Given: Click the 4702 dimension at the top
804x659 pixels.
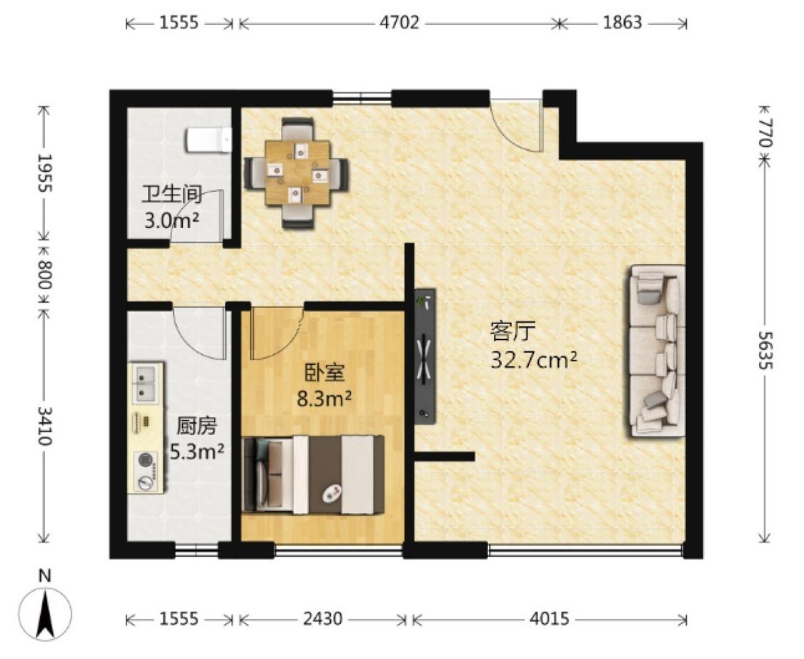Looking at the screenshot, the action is (x=399, y=23).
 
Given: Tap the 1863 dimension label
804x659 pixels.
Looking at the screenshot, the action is (x=622, y=23).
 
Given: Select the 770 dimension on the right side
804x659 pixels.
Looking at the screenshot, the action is (x=765, y=133).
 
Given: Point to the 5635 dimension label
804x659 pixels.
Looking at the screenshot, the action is (x=765, y=351).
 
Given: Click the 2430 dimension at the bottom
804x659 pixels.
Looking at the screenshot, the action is (x=322, y=619).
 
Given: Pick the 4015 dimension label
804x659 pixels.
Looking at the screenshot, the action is (x=549, y=619).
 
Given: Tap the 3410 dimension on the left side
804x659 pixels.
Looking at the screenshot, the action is (x=45, y=426).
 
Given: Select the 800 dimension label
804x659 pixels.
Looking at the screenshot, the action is (x=45, y=275).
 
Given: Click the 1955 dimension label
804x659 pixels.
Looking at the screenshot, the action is (x=45, y=172).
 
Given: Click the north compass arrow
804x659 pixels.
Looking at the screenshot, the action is (x=45, y=613).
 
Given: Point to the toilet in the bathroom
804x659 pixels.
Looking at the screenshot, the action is (x=209, y=140).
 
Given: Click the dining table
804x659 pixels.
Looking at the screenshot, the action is (x=297, y=172).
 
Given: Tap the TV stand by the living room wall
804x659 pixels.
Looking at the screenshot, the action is (x=425, y=356).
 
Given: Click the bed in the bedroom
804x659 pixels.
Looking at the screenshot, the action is (x=313, y=474).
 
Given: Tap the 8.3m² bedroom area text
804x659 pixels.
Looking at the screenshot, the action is (x=324, y=399).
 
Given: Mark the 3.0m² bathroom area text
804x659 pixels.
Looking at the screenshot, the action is (x=172, y=220).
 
